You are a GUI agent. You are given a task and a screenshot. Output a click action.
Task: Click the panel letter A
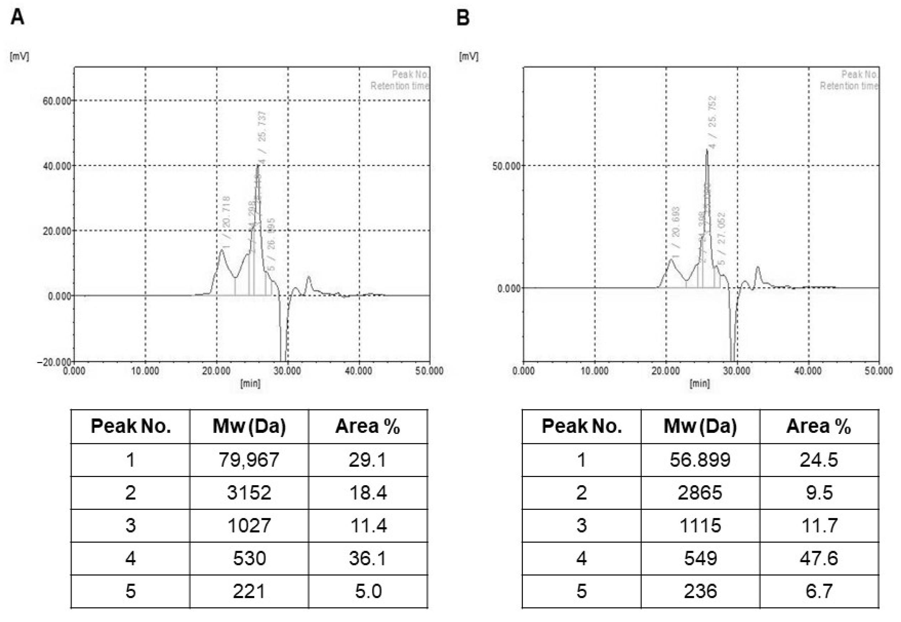coord(17,17)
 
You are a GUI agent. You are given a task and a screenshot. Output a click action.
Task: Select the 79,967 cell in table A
coord(249,460)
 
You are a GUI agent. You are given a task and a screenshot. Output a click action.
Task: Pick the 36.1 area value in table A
coord(368,558)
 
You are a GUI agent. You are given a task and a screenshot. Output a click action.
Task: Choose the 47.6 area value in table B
coord(818,558)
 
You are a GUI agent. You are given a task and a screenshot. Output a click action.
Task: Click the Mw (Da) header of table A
coord(249,426)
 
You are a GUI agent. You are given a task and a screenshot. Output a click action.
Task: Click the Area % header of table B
coord(818,426)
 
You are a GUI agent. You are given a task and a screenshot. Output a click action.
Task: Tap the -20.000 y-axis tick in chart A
coord(54,362)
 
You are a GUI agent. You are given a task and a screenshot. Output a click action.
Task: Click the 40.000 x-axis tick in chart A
coord(358,371)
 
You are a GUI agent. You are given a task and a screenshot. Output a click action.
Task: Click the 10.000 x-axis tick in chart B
coord(594,371)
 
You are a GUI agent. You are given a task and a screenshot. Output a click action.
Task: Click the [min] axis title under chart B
coord(699,383)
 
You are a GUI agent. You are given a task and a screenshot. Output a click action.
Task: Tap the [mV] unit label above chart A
coord(20,57)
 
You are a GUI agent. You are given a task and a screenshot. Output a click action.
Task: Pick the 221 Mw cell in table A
coord(249,591)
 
